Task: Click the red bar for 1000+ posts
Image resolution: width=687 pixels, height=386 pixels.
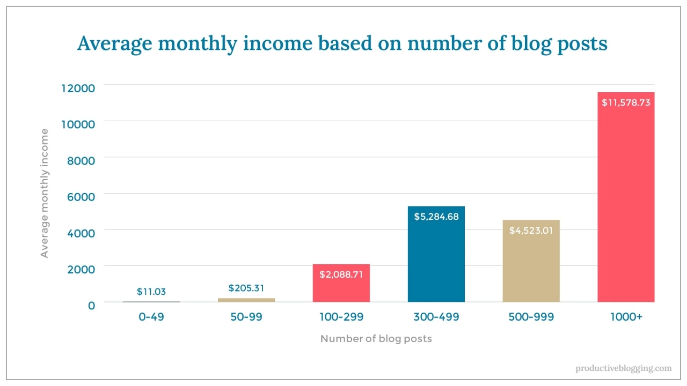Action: [626, 204]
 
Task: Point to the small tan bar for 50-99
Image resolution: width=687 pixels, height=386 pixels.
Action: [246, 300]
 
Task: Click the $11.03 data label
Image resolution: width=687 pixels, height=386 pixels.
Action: [151, 292]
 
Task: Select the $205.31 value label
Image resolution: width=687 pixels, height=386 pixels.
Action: [246, 288]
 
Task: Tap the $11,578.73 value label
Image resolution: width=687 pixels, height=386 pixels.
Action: [626, 102]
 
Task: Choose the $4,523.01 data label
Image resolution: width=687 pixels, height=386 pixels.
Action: [531, 231]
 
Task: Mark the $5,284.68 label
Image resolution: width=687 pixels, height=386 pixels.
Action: [436, 217]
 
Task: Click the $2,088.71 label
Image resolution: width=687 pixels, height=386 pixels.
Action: [341, 274]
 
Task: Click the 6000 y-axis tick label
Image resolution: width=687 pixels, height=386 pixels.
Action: [81, 196]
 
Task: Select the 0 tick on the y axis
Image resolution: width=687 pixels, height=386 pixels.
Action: [91, 305]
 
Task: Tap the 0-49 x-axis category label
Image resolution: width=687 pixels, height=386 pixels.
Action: [151, 317]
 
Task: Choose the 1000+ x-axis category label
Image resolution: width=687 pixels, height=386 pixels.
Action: [626, 317]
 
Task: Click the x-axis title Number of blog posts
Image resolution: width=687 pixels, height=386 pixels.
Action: [376, 338]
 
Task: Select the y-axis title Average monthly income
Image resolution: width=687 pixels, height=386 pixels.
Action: [45, 193]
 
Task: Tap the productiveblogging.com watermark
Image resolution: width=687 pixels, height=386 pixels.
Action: [623, 368]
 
